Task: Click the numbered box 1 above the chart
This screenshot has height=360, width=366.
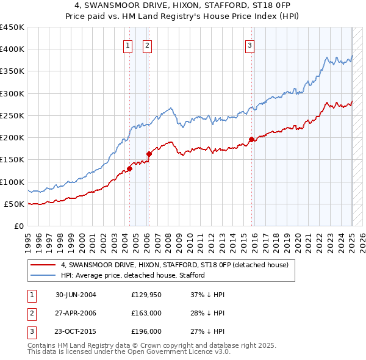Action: point(128,45)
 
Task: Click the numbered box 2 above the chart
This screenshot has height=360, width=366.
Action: point(148,45)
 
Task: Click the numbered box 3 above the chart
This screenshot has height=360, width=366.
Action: point(250,45)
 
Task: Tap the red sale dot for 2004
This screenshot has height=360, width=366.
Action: point(129,168)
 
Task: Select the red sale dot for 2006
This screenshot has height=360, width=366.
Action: point(149,154)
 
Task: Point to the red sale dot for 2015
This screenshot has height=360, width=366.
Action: point(251,139)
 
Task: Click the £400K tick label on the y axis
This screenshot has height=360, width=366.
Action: point(12,49)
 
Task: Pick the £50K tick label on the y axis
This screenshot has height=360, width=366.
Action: point(15,204)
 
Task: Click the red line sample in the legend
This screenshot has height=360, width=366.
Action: point(43,265)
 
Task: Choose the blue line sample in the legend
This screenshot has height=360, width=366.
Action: point(43,275)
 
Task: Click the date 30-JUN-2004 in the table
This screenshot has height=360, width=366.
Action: point(76,295)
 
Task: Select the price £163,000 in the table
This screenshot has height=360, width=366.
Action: point(146,313)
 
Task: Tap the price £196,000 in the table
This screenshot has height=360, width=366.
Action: point(146,331)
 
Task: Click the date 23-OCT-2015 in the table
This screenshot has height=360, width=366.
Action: point(76,331)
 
